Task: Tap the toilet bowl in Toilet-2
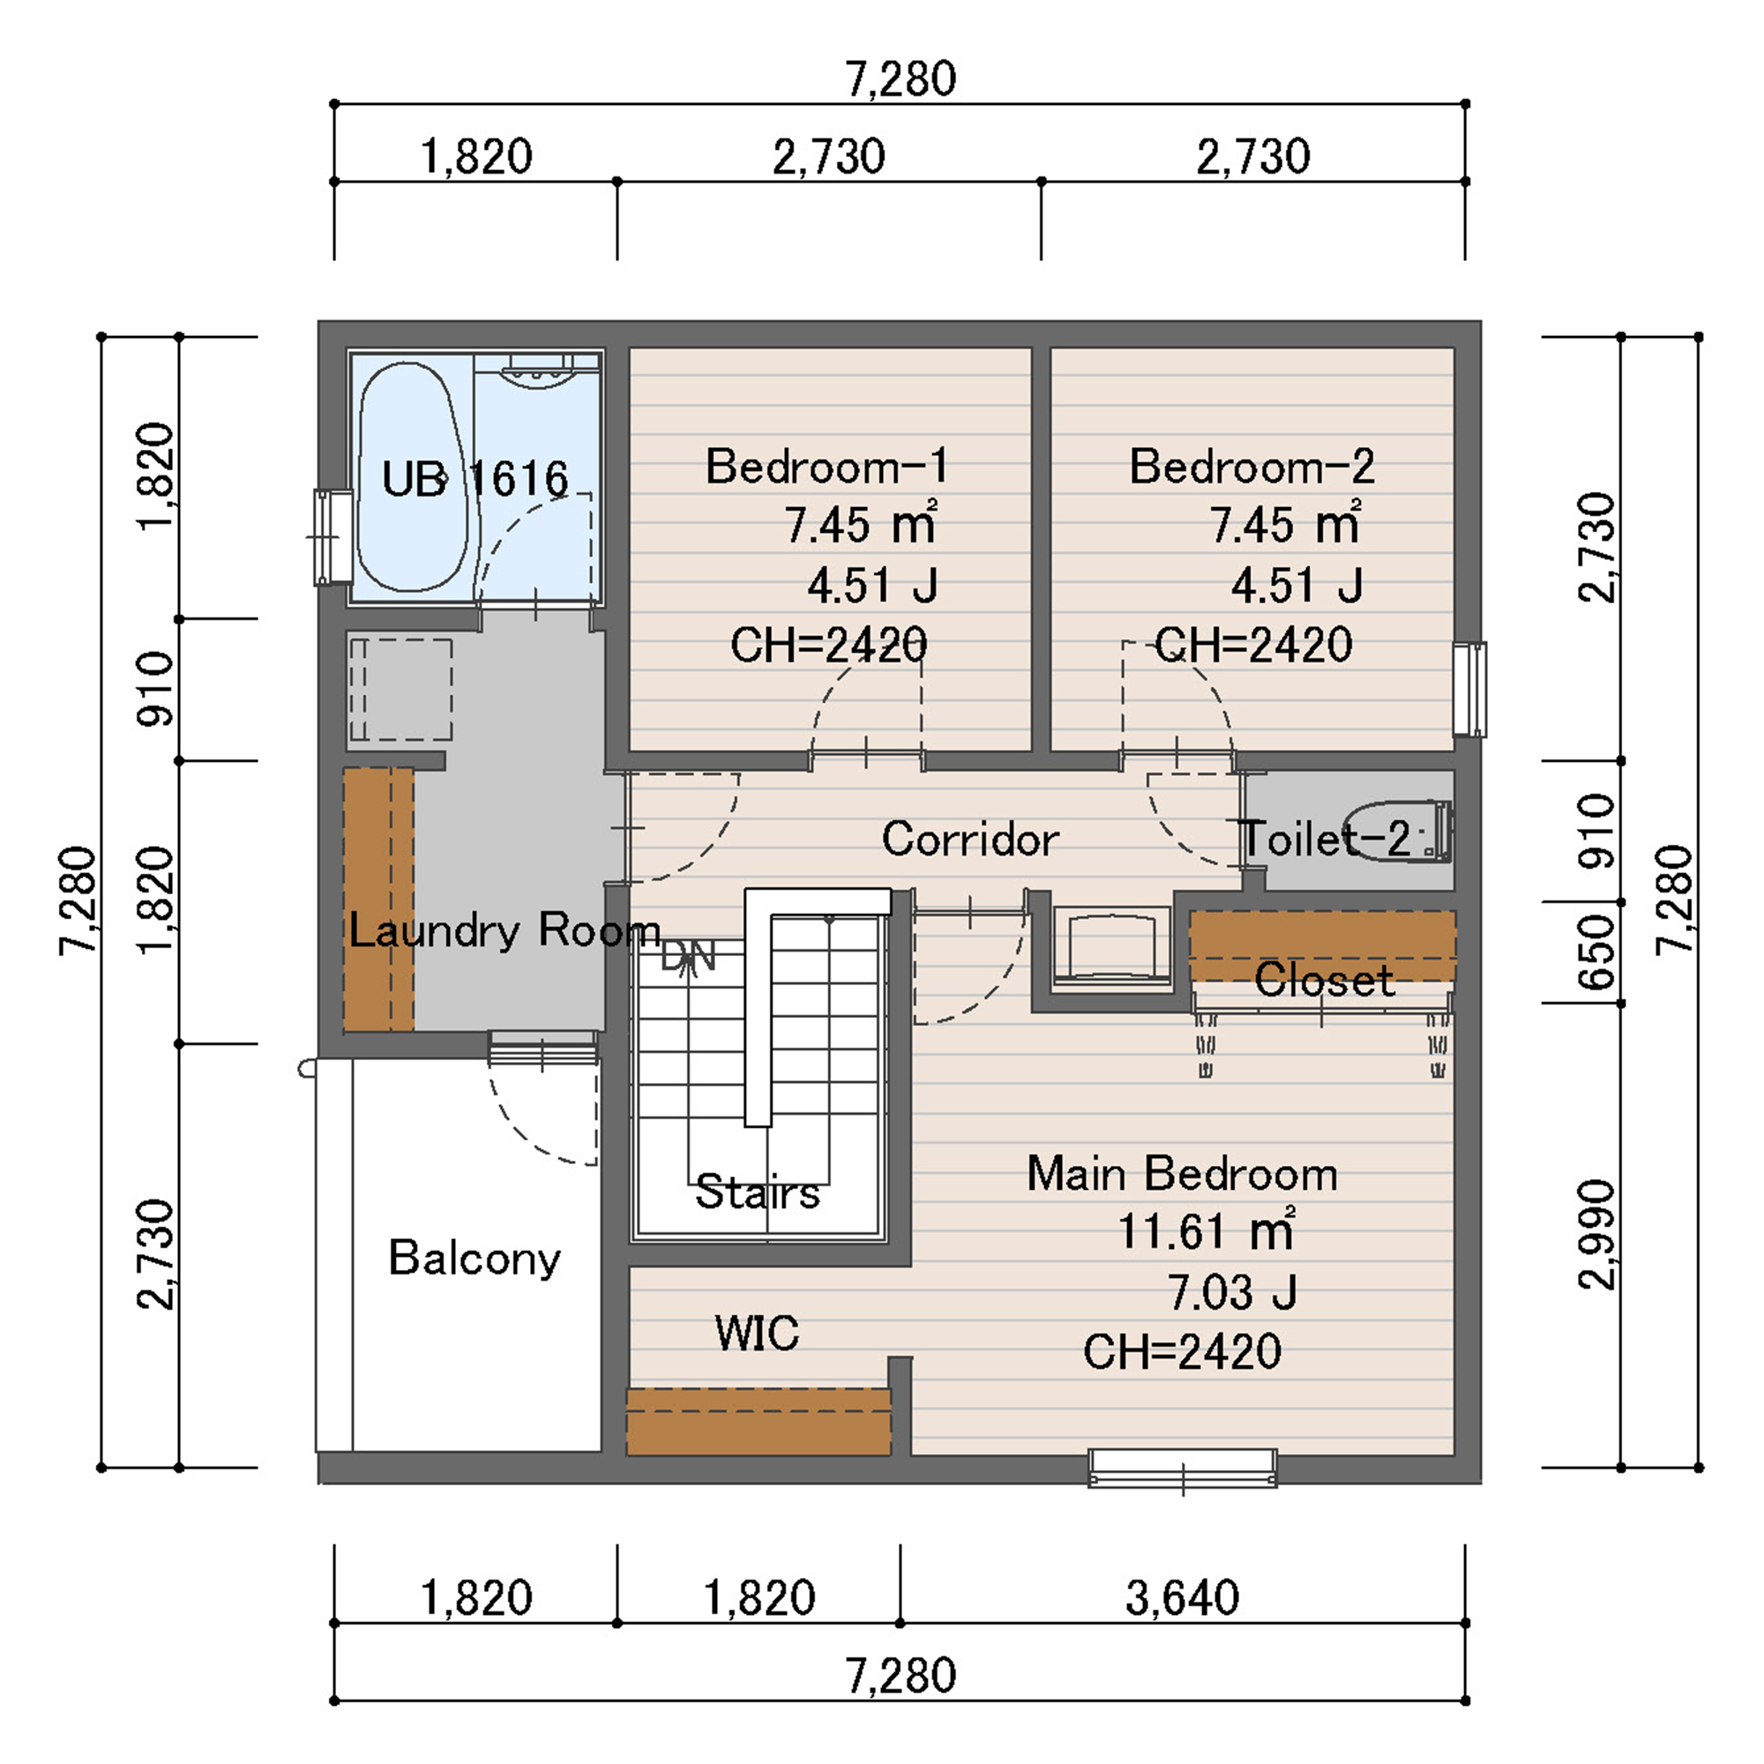point(1398,831)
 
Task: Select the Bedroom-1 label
point(827,467)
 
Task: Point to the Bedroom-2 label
point(1252,467)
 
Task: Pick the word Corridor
point(970,838)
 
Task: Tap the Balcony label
point(475,1259)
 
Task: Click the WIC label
point(757,1333)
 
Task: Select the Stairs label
point(758,1192)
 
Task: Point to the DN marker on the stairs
point(689,957)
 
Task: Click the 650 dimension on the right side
point(1597,953)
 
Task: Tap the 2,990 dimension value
point(1597,1236)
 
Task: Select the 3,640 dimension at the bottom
point(1183,1598)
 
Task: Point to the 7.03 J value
point(1233,1292)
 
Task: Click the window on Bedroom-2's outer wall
point(1469,690)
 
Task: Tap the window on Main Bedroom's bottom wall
point(1183,1469)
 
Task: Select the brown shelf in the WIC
point(759,1422)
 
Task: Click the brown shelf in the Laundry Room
point(379,900)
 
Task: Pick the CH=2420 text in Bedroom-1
point(828,645)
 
